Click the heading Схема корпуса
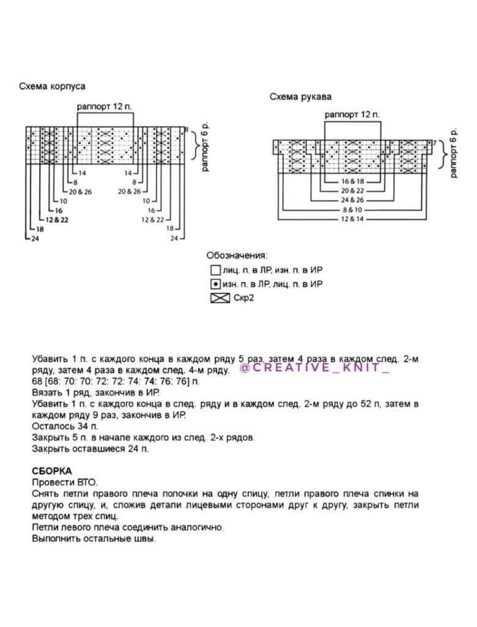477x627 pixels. [52, 86]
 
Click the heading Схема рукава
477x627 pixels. [301, 97]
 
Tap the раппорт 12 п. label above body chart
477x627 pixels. [105, 107]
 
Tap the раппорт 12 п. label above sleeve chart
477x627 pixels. [352, 115]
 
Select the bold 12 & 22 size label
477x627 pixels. [57, 219]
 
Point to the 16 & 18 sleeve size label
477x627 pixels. [352, 182]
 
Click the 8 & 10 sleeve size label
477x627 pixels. [352, 209]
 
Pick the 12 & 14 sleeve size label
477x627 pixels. [352, 219]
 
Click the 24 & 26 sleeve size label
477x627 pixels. [352, 200]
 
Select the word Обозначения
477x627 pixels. [237, 255]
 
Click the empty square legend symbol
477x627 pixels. [215, 270]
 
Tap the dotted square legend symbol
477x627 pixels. [215, 284]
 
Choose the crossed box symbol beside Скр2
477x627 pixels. [218, 299]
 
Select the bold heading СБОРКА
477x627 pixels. [52, 471]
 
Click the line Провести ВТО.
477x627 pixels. [64, 482]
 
